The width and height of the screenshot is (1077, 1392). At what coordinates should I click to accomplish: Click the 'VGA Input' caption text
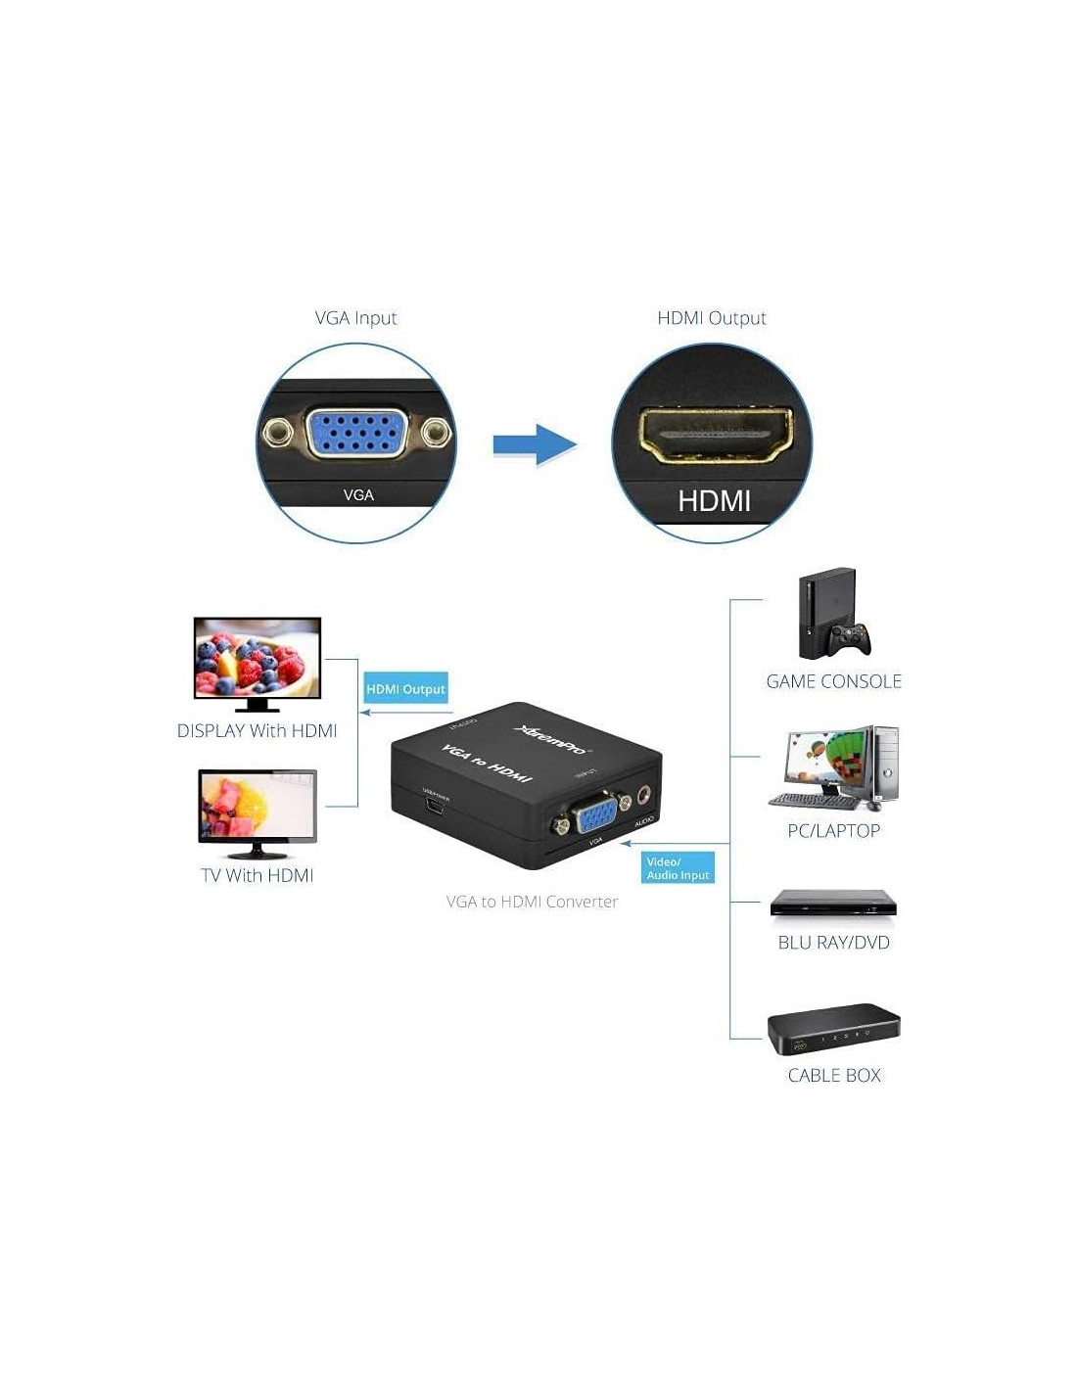pyautogui.click(x=355, y=318)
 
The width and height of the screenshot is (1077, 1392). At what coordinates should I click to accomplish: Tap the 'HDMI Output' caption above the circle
pyautogui.click(x=711, y=318)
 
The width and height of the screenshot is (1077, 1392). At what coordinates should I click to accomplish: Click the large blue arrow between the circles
pyautogui.click(x=534, y=444)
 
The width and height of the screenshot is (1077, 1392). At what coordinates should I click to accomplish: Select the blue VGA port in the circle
pyautogui.click(x=356, y=433)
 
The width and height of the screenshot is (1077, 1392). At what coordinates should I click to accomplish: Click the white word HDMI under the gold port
pyautogui.click(x=714, y=501)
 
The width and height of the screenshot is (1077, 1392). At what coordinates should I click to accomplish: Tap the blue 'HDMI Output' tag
pyautogui.click(x=405, y=689)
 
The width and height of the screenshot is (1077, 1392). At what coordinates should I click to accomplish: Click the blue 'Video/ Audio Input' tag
pyautogui.click(x=678, y=868)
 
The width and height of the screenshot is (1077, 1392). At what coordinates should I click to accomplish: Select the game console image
pyautogui.click(x=832, y=614)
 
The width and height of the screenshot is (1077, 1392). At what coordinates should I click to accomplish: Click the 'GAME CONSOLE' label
pyautogui.click(x=833, y=681)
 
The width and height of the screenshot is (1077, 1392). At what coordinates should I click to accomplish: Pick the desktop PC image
pyautogui.click(x=834, y=768)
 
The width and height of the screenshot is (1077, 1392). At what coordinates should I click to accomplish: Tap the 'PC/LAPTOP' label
pyautogui.click(x=833, y=831)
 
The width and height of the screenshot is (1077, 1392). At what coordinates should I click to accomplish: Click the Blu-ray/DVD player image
pyautogui.click(x=833, y=905)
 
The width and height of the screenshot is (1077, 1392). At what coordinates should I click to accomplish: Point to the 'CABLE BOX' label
pyautogui.click(x=834, y=1075)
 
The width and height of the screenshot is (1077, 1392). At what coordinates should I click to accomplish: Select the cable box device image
pyautogui.click(x=833, y=1029)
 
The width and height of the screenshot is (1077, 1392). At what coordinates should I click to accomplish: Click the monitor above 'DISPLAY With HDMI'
pyautogui.click(x=258, y=661)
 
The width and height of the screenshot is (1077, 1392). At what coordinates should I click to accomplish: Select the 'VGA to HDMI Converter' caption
pyautogui.click(x=532, y=902)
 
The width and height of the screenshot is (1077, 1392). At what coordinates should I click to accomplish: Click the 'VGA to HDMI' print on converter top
pyautogui.click(x=487, y=763)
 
